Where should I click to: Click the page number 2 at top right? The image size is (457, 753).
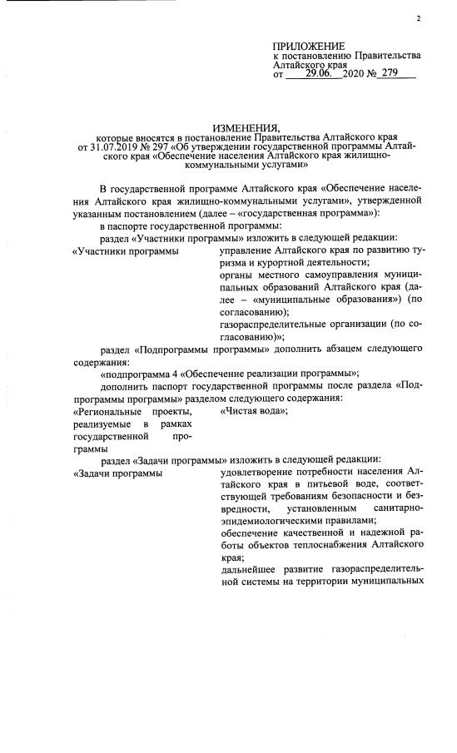click(420, 18)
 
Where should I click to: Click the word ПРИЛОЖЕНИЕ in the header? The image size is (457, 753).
click(309, 46)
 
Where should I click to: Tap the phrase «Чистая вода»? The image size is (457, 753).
click(254, 411)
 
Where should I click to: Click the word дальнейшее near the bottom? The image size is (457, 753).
click(248, 570)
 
